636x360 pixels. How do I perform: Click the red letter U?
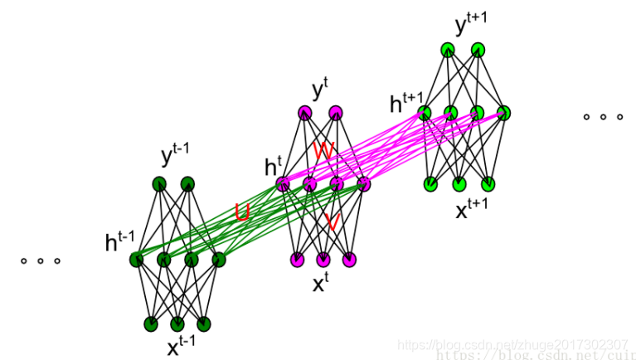242,213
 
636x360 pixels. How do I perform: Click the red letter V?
332,221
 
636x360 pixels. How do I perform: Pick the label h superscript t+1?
404,104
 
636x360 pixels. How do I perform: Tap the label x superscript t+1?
471,208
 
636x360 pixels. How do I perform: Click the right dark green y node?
188,184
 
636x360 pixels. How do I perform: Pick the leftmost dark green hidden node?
136,260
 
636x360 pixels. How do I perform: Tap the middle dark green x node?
177,324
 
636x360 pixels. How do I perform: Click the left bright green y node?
448,49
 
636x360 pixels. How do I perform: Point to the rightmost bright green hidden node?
503,112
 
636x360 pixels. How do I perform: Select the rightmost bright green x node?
488,183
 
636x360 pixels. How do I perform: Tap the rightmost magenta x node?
349,260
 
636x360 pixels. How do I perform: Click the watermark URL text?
514,346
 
